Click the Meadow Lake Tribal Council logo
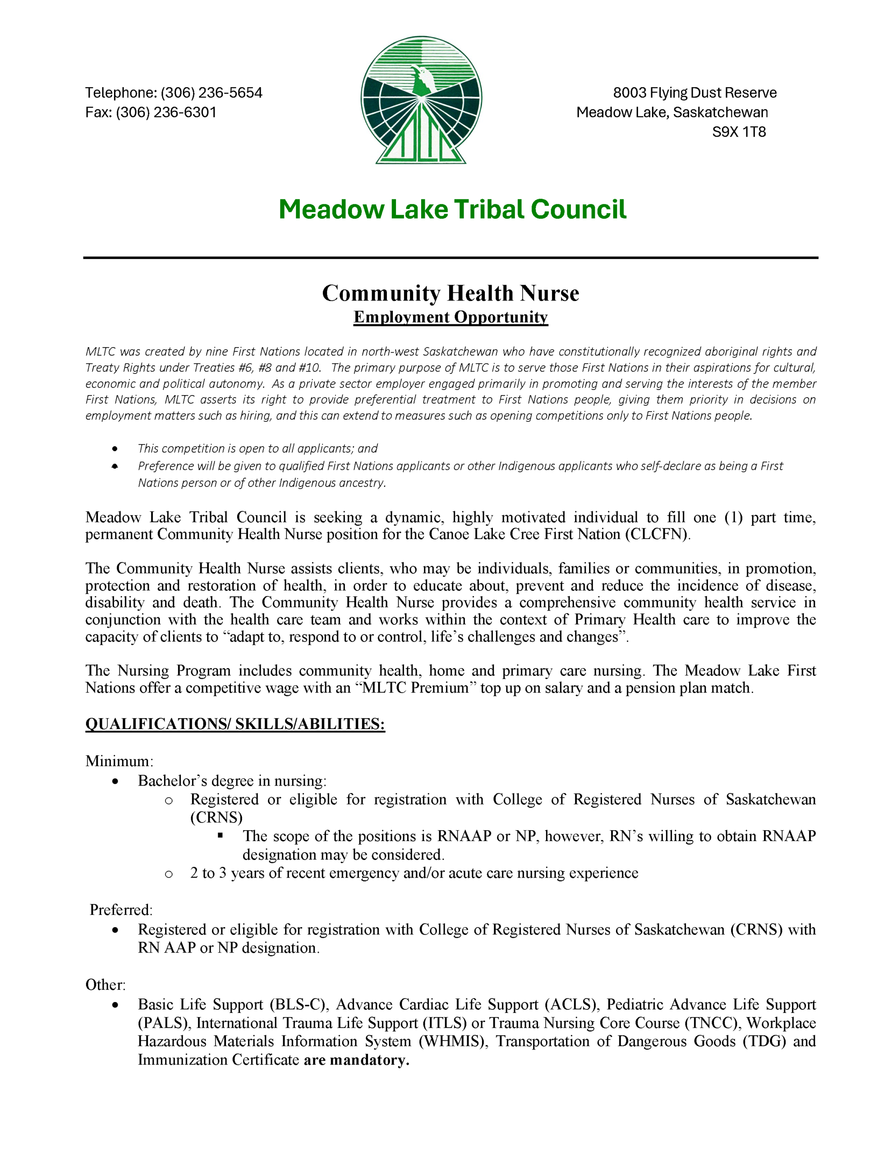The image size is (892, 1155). tap(421, 100)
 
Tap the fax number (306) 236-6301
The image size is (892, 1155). tap(166, 113)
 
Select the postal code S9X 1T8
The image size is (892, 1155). tap(739, 132)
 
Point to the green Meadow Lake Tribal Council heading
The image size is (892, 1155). tap(452, 209)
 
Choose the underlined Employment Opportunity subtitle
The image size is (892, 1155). tap(451, 317)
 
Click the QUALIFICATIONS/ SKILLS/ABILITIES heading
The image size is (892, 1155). tap(235, 724)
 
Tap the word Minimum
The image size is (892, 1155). tap(119, 761)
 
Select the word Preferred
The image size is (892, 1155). tap(121, 910)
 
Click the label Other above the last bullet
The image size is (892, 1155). tap(105, 985)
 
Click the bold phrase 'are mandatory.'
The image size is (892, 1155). tap(356, 1060)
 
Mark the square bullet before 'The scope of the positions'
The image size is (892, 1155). tap(220, 836)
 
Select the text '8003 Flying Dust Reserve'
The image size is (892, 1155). tap(695, 93)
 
